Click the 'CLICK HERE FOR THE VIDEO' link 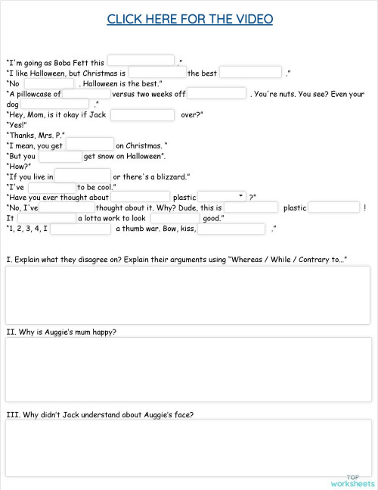click(x=190, y=19)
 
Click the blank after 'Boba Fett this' click(x=141, y=61)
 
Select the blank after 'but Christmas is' click(x=157, y=72)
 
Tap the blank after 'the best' click(x=250, y=72)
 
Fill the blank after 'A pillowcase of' click(x=86, y=93)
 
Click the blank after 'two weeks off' click(x=216, y=93)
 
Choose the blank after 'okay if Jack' click(x=142, y=114)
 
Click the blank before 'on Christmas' click(x=90, y=144)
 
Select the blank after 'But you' click(x=60, y=156)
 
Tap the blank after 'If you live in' click(x=83, y=176)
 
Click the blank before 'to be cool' click(x=52, y=187)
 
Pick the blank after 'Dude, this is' click(x=251, y=207)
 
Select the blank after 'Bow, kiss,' click(x=231, y=228)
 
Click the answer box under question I click(x=188, y=295)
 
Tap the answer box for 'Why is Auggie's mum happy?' click(x=188, y=368)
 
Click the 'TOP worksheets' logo click(x=352, y=480)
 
